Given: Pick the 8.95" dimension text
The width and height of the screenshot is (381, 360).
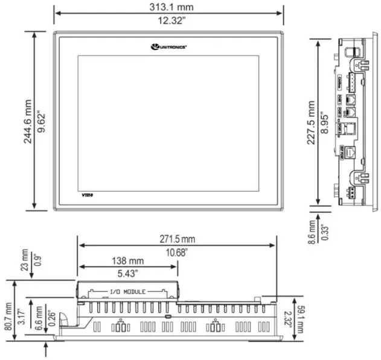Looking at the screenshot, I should point(325,121).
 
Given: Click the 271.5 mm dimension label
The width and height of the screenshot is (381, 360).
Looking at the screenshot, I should point(176,239).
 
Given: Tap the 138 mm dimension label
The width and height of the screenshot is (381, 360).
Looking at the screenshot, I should point(127,261).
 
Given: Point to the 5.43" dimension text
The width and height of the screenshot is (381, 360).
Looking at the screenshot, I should point(127,273).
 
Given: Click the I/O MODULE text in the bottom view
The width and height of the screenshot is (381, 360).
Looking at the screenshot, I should point(127,292).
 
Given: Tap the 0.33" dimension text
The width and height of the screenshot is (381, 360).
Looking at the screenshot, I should point(324,230).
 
